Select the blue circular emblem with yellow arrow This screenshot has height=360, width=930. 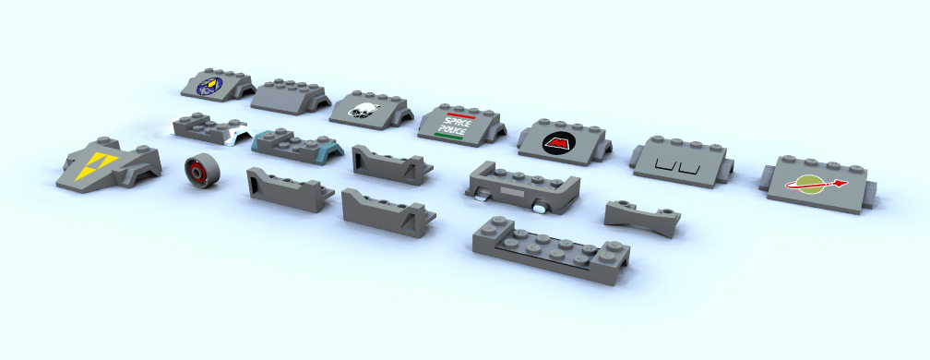coord(209,86)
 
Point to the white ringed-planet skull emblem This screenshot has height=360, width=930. coord(363,111)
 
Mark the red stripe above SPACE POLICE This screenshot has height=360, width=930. coord(461,114)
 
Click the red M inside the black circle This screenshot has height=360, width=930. coord(558,143)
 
